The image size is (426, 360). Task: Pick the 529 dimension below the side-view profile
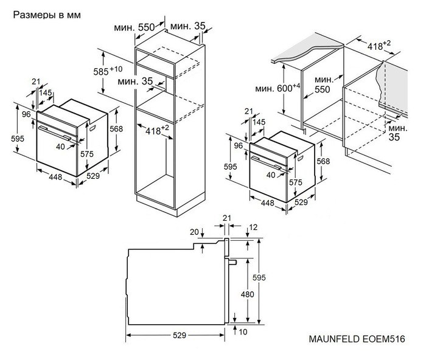point(178,335)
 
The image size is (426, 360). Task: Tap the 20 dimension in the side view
point(194,232)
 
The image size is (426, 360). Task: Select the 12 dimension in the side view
point(253,227)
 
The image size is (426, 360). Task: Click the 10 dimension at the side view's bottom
point(243,331)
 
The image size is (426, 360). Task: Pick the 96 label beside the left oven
point(27,114)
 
